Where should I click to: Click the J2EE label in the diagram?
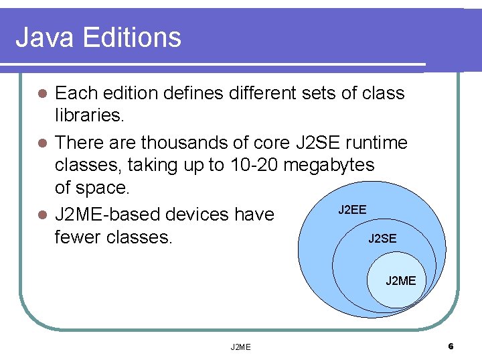pos(351,210)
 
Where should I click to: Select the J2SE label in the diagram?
pos(382,239)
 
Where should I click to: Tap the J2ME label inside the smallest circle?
pos(400,281)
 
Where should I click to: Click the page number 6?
pos(451,347)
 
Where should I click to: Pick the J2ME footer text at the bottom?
pos(240,347)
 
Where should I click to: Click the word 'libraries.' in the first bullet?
pos(89,116)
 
